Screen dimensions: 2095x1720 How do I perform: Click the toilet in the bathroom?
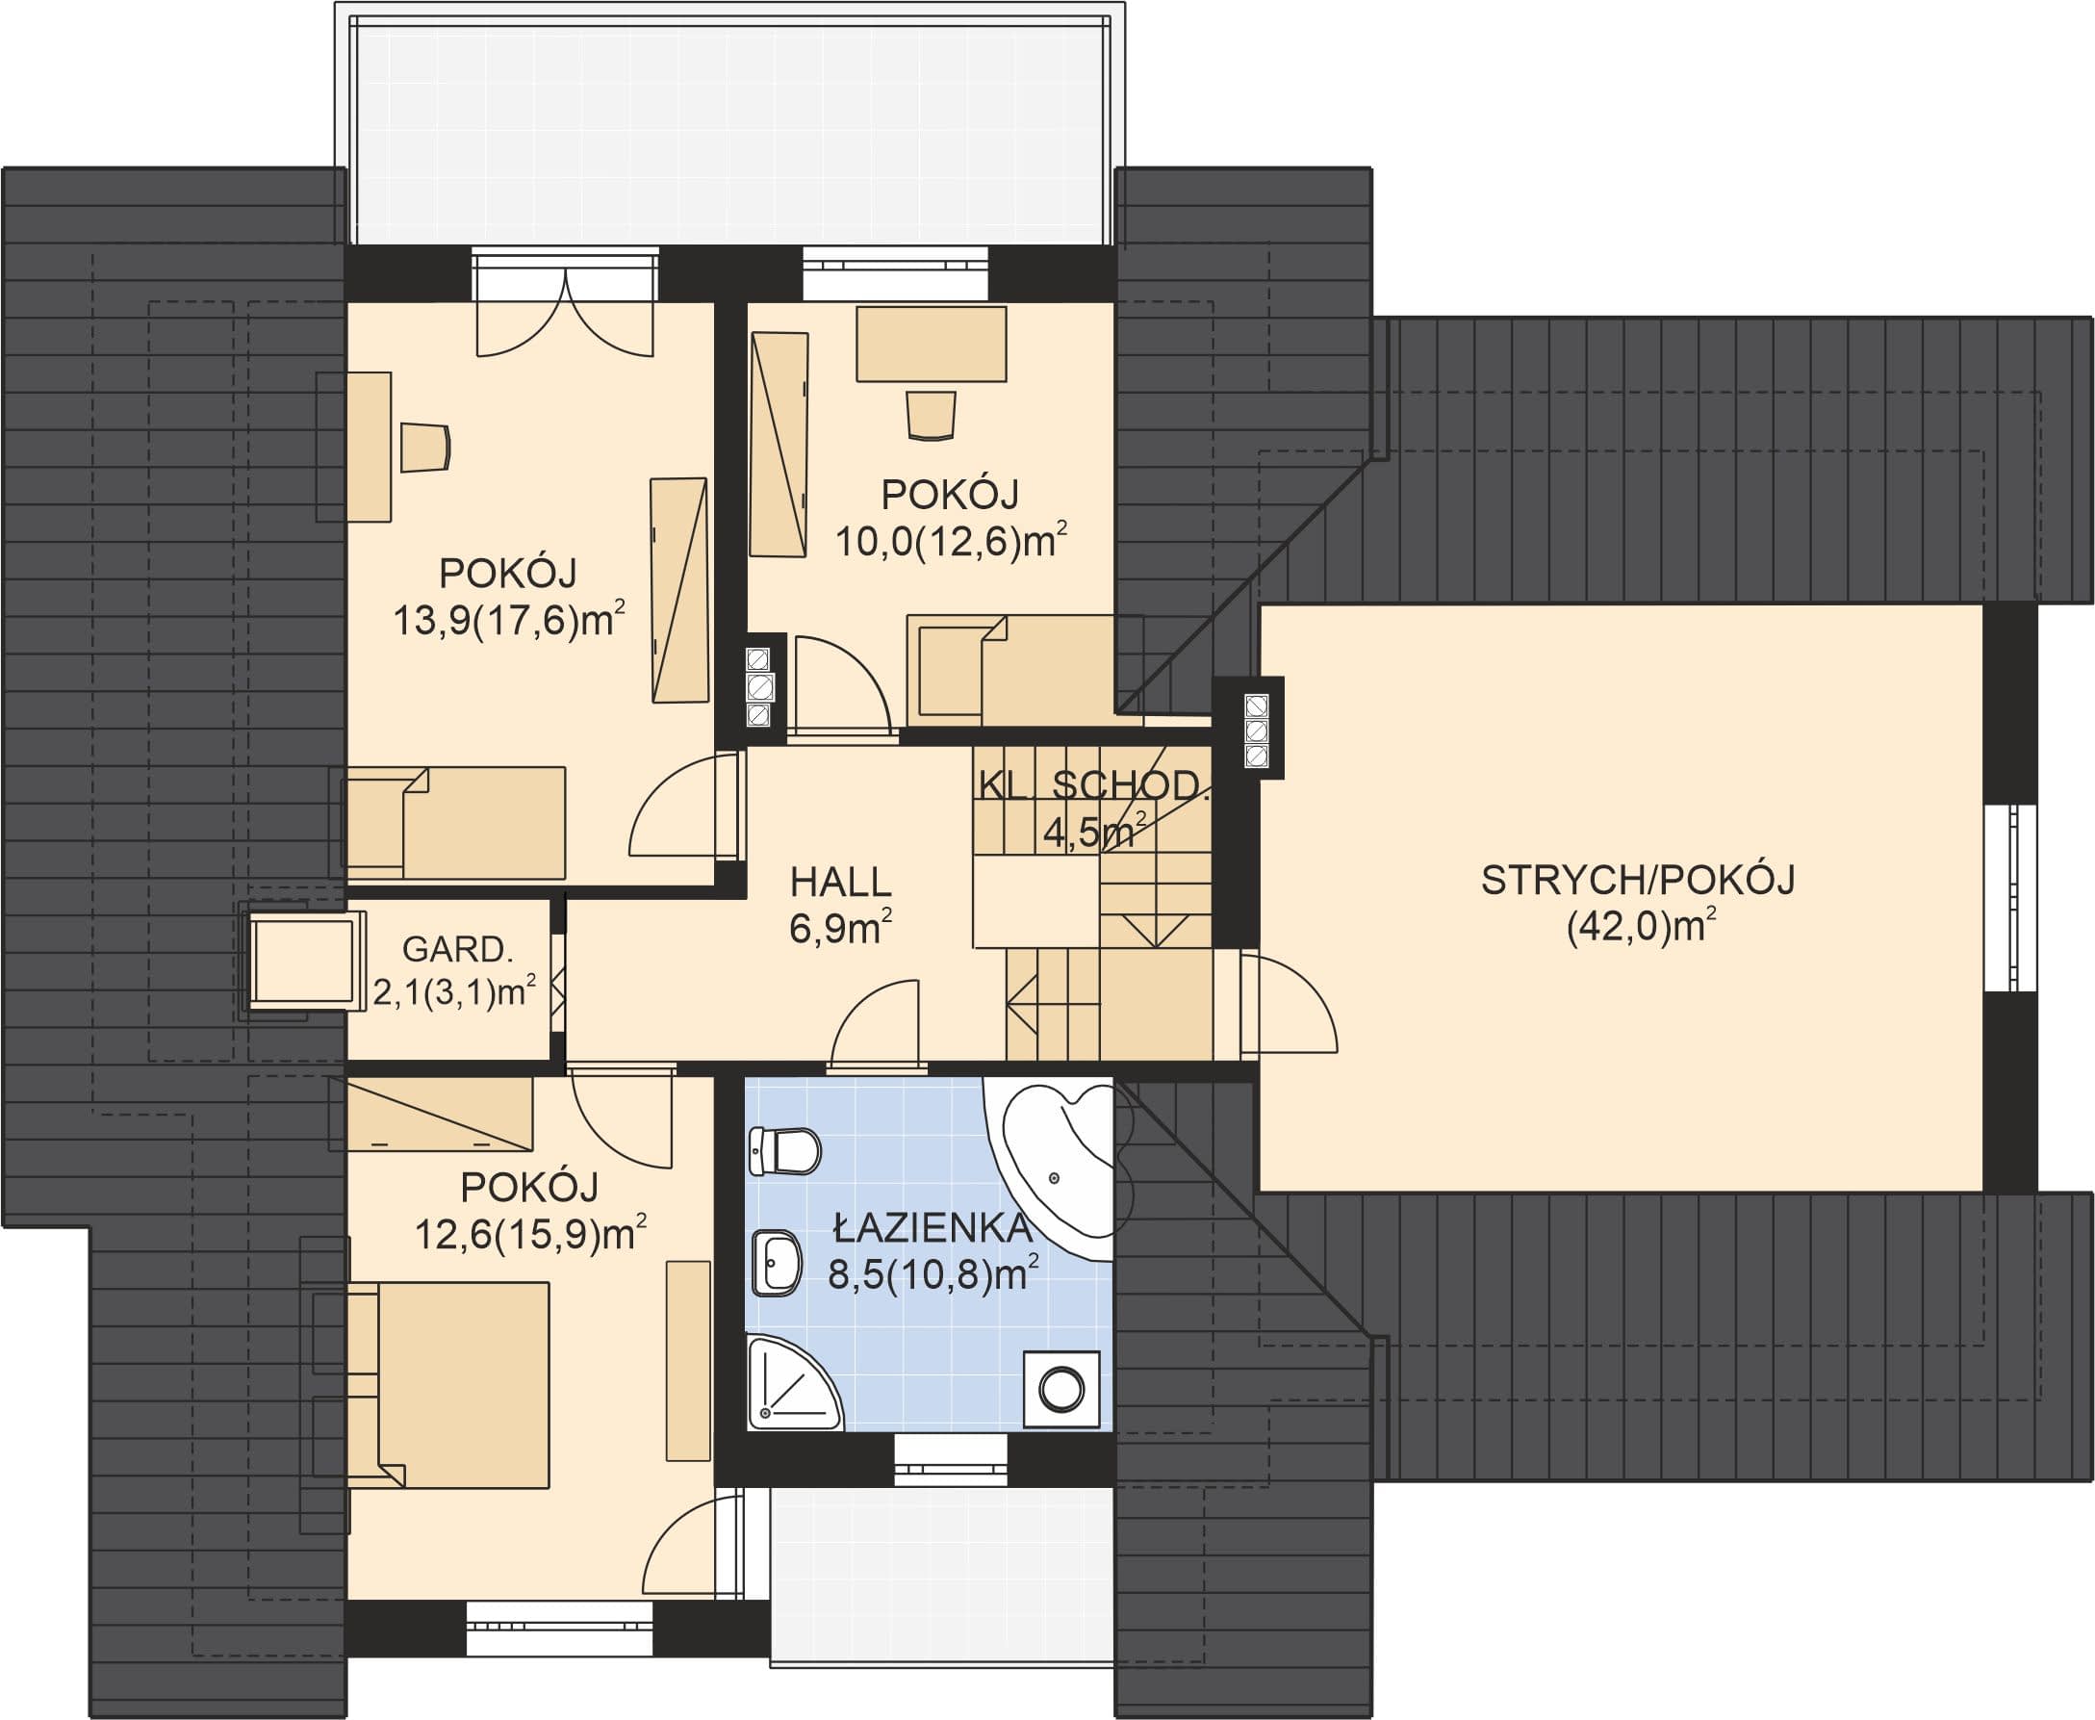(784, 1151)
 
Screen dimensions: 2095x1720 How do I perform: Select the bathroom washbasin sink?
(777, 1262)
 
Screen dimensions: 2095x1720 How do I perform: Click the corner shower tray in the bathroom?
(792, 1384)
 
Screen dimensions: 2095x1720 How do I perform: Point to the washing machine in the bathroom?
(1060, 1389)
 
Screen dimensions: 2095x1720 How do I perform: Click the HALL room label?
(841, 881)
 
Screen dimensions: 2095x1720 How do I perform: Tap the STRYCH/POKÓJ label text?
(1637, 880)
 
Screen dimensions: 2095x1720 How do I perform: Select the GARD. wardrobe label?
(458, 949)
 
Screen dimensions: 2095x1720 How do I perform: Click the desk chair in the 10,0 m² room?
(932, 415)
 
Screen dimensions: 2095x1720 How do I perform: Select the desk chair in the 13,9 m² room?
(426, 448)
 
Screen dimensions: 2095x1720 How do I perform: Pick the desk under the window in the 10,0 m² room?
(932, 344)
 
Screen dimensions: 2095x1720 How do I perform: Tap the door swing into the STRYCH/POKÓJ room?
(1288, 1002)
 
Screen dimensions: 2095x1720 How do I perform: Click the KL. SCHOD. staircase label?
(1093, 784)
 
